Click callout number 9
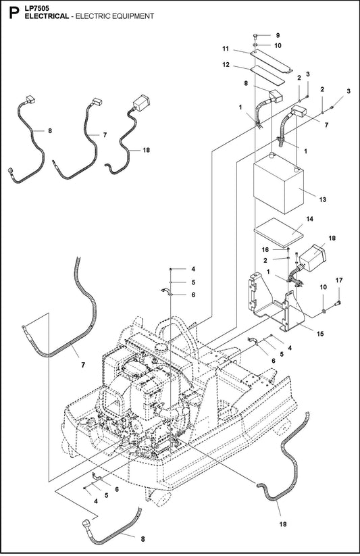point(276,34)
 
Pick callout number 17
point(339,279)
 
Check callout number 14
point(309,220)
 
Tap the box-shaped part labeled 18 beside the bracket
point(312,259)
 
